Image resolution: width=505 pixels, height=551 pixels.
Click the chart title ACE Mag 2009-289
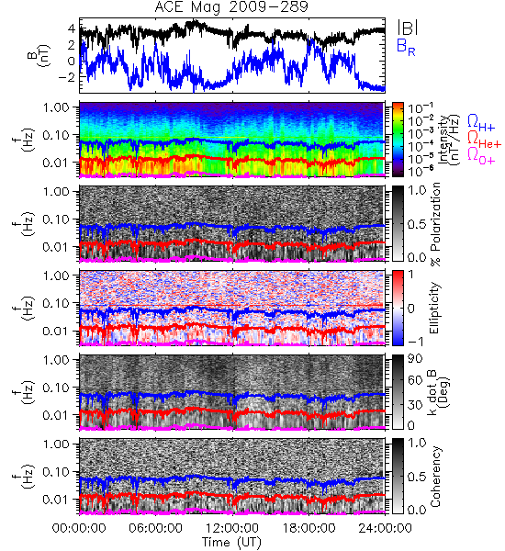click(x=231, y=6)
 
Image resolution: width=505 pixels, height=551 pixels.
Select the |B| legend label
click(x=408, y=28)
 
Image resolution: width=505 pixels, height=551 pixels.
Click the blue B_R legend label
click(x=406, y=47)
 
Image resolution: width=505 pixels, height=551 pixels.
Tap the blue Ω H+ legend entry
click(x=481, y=123)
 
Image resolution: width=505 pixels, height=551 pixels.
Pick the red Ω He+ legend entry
click(x=484, y=140)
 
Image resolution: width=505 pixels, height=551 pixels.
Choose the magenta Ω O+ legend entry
click(x=481, y=156)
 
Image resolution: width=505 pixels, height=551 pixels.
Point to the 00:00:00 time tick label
click(x=79, y=528)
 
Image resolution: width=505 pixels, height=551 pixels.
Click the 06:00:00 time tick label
click(x=156, y=528)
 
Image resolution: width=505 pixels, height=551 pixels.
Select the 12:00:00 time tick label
click(x=232, y=528)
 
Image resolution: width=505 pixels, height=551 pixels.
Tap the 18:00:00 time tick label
click(x=309, y=528)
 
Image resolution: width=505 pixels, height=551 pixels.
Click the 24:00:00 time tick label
click(x=385, y=528)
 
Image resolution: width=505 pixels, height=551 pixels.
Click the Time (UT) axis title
click(x=231, y=543)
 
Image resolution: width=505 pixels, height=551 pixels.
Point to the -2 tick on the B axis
click(x=67, y=77)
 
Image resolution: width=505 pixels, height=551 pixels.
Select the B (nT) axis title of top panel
click(x=39, y=56)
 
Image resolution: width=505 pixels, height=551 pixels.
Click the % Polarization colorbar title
click(x=436, y=224)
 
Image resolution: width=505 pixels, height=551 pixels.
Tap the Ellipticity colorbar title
click(x=434, y=309)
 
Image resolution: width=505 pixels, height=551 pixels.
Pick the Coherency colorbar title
click(x=435, y=477)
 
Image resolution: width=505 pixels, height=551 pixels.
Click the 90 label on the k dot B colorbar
click(x=415, y=359)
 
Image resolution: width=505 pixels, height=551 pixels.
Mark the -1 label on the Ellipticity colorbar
click(x=415, y=342)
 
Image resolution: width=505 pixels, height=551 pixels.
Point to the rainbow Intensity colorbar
click(x=398, y=140)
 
